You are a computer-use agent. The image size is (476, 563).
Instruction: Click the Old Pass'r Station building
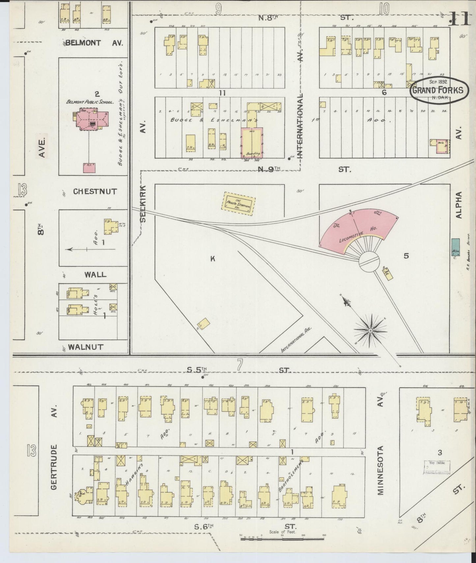point(239,204)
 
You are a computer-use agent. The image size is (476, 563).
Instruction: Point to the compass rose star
point(371,330)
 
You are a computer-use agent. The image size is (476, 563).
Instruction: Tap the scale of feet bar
point(282,539)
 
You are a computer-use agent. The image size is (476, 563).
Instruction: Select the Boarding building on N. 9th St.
point(252,142)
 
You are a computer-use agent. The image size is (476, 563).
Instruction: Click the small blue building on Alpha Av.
point(456,247)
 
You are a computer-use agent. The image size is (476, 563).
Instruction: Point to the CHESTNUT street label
point(95,191)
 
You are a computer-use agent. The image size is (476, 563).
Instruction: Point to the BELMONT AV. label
point(94,43)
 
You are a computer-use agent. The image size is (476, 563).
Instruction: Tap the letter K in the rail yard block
point(213,259)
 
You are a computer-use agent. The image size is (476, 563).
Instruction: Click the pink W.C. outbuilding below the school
point(90,168)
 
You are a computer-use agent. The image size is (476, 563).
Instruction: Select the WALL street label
point(95,274)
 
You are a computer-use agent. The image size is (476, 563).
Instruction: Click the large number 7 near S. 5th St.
point(239,365)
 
